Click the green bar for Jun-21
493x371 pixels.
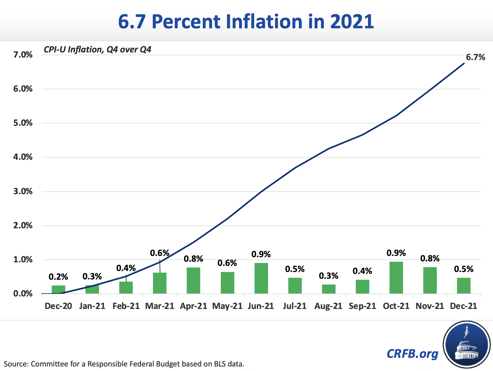(x=261, y=278)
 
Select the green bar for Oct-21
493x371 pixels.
(x=396, y=277)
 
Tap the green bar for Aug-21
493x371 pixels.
(x=328, y=289)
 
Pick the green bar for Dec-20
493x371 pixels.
(x=58, y=289)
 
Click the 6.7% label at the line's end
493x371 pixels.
(x=475, y=57)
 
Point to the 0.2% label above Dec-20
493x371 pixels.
(x=58, y=276)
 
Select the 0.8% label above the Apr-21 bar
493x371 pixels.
(x=193, y=258)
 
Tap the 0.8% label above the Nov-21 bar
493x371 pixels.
(x=430, y=258)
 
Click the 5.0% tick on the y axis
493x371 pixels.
(x=23, y=123)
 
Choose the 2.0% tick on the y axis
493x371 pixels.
(x=23, y=225)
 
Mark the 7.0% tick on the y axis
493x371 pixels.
(x=23, y=55)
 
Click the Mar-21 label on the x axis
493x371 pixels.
(x=160, y=306)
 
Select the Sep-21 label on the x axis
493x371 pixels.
(x=362, y=306)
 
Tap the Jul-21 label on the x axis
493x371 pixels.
(x=295, y=306)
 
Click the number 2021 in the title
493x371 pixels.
(x=352, y=22)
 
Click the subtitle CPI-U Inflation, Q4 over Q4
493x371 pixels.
(x=97, y=50)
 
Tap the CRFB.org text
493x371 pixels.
(x=412, y=353)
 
